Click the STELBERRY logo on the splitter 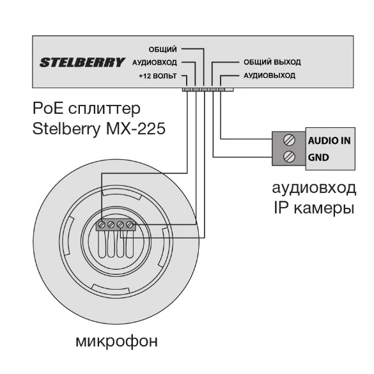[x=82, y=62]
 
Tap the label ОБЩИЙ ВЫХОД [x=272, y=62]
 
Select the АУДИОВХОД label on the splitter [x=155, y=63]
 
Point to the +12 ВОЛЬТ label [x=158, y=76]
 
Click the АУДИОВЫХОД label [x=269, y=75]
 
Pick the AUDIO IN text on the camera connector [x=329, y=141]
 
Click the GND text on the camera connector [x=318, y=157]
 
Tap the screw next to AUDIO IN [x=290, y=140]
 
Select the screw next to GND [x=290, y=157]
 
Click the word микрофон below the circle [x=116, y=341]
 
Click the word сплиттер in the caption [x=104, y=109]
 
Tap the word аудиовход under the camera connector [x=314, y=188]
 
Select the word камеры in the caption [x=324, y=208]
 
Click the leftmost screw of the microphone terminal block [x=102, y=224]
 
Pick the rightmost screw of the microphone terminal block [x=129, y=224]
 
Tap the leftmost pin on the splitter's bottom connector [x=187, y=90]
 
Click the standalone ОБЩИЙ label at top [x=162, y=49]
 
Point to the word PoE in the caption [x=48, y=108]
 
